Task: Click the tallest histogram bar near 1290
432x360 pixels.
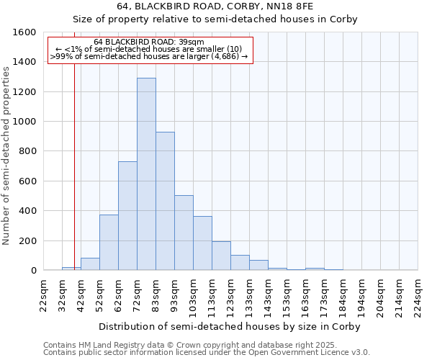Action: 146,174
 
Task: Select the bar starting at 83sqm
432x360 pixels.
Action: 165,201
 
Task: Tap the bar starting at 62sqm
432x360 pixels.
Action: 127,216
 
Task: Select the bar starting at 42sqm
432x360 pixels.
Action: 90,264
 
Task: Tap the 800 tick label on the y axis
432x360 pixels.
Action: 27,151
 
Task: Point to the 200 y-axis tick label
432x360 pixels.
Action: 27,240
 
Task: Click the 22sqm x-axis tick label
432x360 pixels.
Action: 44,295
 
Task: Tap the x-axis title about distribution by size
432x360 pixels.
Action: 229,326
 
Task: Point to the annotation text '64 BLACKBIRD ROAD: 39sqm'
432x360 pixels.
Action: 149,42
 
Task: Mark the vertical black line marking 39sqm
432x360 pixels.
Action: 74,180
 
